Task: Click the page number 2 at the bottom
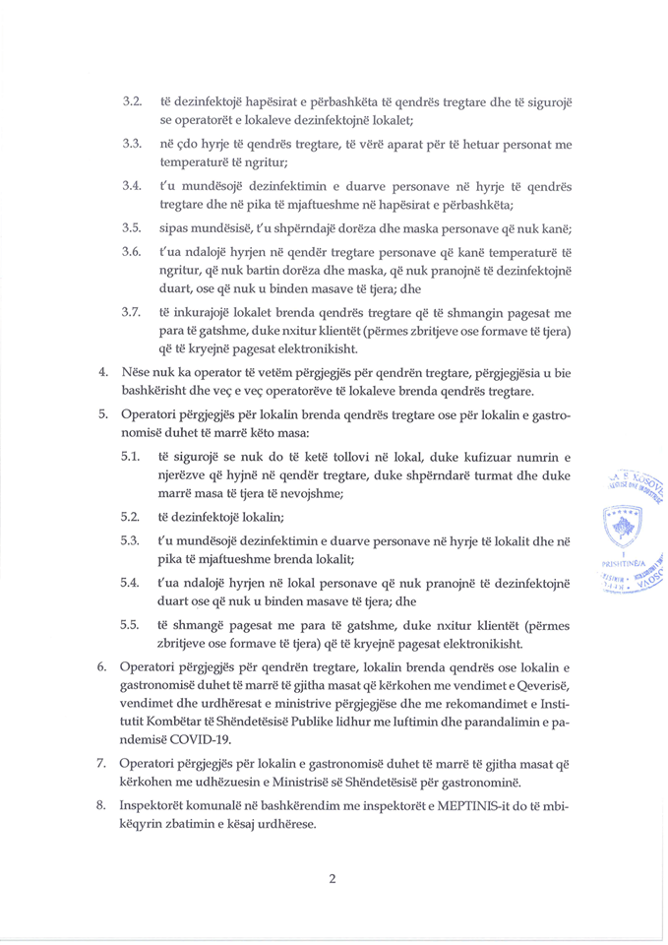[x=333, y=879]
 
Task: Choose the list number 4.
[x=102, y=374]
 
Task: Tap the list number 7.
[x=102, y=764]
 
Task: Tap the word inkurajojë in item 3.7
[x=206, y=312]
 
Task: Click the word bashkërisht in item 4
[x=155, y=392]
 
